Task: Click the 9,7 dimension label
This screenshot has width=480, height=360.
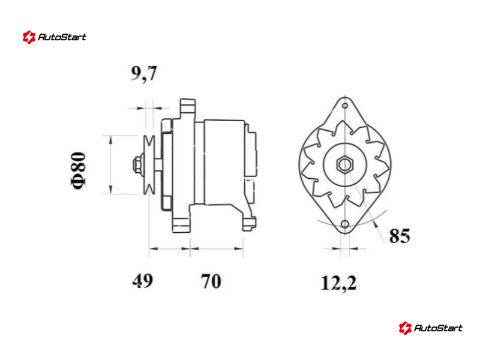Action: (144, 73)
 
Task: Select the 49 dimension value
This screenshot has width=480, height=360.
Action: (143, 280)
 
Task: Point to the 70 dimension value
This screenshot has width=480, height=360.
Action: (211, 281)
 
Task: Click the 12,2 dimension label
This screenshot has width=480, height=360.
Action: (339, 283)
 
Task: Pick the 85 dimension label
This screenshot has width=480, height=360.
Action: (400, 236)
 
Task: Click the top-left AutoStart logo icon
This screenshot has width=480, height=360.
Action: (29, 37)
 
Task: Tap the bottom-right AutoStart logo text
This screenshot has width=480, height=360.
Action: (438, 328)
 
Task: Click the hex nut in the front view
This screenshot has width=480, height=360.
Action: (345, 164)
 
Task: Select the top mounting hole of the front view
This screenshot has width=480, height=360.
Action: (345, 106)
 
